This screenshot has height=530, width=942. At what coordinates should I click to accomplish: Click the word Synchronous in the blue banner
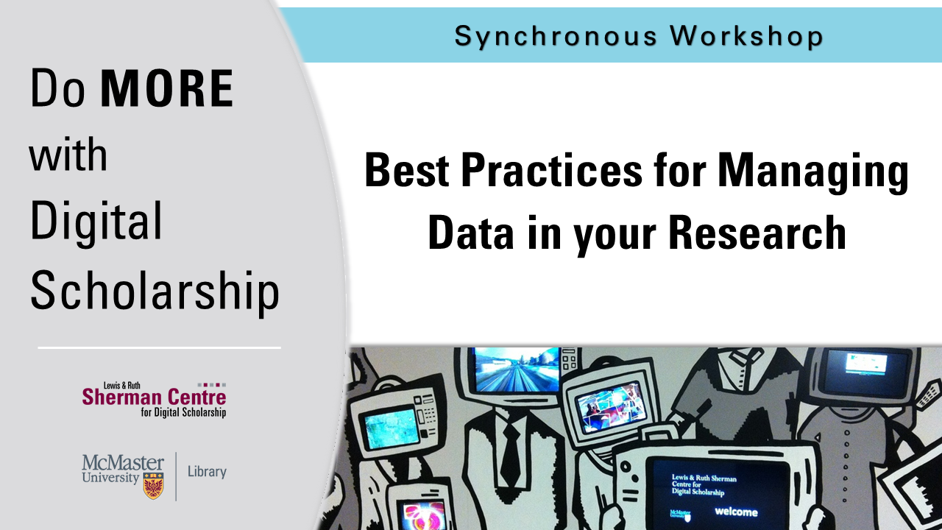click(556, 37)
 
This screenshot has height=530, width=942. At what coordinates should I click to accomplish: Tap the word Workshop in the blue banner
click(746, 36)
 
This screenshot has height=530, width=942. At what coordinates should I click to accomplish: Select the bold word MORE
click(167, 88)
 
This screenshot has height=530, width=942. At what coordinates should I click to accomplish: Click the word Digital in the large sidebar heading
click(96, 223)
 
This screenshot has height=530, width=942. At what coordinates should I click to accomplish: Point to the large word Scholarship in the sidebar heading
click(155, 291)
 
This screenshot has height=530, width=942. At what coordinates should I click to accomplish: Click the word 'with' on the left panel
click(68, 154)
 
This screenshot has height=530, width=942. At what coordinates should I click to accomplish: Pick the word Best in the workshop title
click(407, 169)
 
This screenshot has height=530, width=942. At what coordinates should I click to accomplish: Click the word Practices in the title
click(552, 169)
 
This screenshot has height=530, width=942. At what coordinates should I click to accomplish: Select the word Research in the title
click(757, 233)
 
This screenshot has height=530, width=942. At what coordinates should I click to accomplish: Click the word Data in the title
click(470, 233)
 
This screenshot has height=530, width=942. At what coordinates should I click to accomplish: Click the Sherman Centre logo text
click(155, 400)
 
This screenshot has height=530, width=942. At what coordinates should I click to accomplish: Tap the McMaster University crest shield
click(153, 485)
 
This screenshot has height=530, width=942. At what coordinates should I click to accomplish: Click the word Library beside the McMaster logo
click(207, 472)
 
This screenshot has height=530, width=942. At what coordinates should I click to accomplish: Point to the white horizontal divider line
click(160, 348)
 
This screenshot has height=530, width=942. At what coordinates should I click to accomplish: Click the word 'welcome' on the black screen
click(736, 512)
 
